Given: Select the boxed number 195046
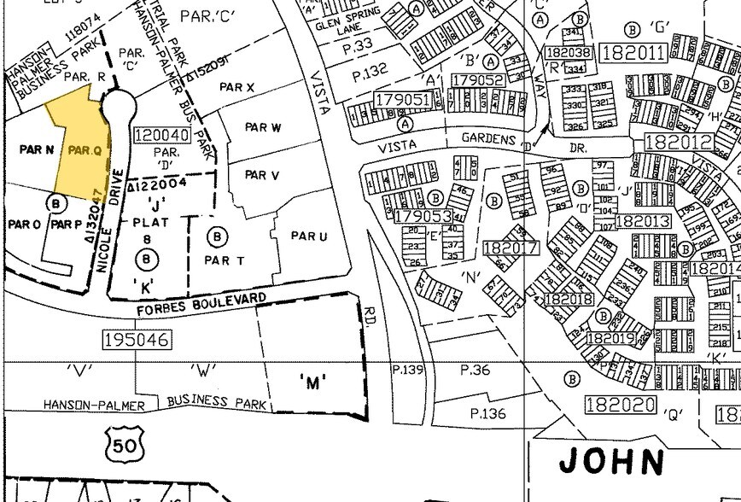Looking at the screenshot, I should click(136, 340).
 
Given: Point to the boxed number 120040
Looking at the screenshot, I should click(161, 136).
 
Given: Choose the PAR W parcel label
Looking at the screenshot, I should click(263, 128).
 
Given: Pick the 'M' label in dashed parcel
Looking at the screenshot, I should click(313, 382).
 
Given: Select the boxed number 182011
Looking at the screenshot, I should click(633, 53).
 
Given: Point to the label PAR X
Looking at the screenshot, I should click(237, 87).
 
